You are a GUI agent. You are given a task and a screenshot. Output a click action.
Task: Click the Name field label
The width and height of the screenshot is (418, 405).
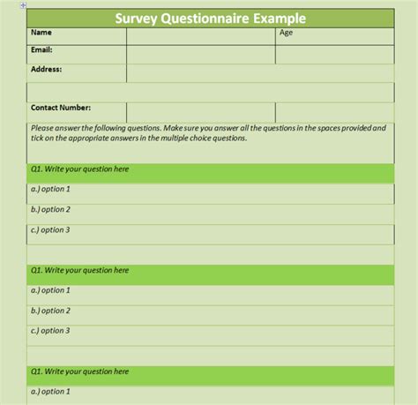[x=41, y=34]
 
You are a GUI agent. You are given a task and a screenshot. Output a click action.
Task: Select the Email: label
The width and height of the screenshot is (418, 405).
[x=42, y=50]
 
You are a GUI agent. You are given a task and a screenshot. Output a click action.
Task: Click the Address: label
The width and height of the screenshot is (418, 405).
[x=46, y=68]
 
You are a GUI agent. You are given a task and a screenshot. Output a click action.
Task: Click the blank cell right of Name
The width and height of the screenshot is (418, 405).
[x=200, y=35]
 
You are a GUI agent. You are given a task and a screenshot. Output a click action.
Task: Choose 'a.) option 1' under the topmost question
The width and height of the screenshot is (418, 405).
[x=49, y=190]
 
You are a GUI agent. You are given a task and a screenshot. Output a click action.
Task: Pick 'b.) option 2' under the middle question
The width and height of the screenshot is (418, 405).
[x=49, y=311]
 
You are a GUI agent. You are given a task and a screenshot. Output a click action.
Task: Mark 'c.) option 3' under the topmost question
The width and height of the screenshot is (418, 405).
[x=49, y=229]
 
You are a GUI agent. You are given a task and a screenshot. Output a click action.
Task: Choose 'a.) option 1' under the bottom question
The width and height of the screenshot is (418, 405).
[x=49, y=391]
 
